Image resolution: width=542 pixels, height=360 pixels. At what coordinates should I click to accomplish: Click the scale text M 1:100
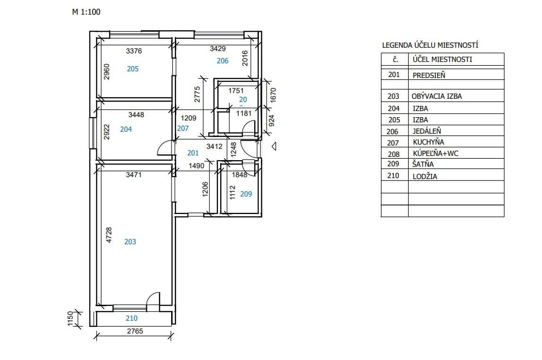(x=86, y=12)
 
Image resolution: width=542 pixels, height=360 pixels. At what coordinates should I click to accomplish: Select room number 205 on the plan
(x=133, y=69)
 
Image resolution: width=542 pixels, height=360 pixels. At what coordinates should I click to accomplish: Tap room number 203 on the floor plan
(x=130, y=242)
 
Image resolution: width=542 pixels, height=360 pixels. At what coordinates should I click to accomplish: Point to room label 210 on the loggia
(x=131, y=319)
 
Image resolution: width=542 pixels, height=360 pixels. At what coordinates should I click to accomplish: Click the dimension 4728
(x=108, y=236)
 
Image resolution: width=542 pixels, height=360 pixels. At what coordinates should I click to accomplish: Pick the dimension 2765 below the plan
(x=135, y=331)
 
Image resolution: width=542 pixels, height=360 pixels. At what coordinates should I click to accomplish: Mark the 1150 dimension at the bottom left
(x=70, y=318)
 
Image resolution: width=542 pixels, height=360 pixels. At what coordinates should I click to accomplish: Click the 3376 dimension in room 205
(x=134, y=51)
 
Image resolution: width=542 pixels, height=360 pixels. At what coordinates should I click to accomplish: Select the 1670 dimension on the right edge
(x=272, y=95)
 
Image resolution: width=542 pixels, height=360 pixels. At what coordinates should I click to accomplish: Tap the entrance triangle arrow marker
(x=274, y=147)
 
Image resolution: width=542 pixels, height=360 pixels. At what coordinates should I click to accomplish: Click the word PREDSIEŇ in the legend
(x=429, y=75)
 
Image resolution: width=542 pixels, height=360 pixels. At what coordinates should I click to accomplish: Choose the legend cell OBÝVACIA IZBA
(x=437, y=96)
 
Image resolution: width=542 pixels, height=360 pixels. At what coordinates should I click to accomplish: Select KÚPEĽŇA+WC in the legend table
(x=435, y=154)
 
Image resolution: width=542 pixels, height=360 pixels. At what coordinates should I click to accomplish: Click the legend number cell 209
(x=394, y=164)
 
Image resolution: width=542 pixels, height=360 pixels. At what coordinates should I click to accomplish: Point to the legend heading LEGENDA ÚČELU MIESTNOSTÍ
(x=430, y=46)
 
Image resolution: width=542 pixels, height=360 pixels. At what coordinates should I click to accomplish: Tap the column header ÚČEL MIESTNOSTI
(x=442, y=60)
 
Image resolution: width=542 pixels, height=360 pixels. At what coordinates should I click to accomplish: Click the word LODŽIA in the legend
(x=424, y=176)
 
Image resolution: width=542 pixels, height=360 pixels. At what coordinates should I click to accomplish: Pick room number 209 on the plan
(x=246, y=194)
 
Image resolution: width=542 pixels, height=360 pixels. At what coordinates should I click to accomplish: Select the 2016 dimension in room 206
(x=245, y=58)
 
